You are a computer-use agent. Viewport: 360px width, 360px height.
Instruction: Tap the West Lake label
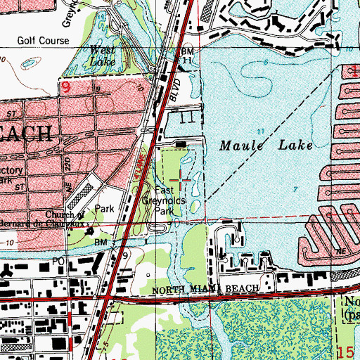(x=103, y=56)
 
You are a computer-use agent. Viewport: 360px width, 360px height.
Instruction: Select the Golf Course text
(x=44, y=41)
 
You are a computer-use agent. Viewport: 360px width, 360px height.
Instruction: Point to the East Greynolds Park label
(x=164, y=200)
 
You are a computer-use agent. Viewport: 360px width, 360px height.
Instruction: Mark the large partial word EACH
(x=25, y=133)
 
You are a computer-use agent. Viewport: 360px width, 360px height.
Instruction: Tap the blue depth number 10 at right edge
(x=349, y=49)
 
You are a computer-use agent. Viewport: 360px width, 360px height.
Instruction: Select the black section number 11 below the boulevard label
(x=186, y=119)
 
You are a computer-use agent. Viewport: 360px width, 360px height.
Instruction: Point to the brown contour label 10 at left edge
(x=6, y=242)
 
